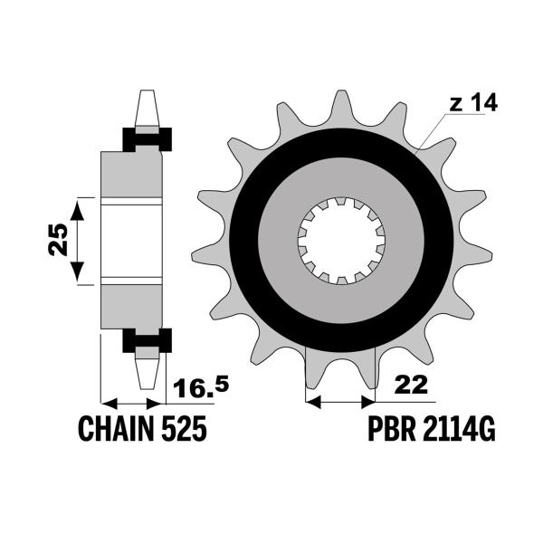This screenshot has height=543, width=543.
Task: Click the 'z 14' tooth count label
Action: (472, 104)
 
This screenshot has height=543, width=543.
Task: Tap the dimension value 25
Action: (56, 241)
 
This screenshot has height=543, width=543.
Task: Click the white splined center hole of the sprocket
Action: (342, 241)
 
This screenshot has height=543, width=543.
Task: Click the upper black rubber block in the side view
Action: (146, 139)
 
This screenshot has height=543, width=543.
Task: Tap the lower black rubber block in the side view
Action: (146, 341)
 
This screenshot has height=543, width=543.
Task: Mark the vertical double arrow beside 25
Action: (79, 241)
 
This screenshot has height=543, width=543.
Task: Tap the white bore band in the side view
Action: (131, 241)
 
